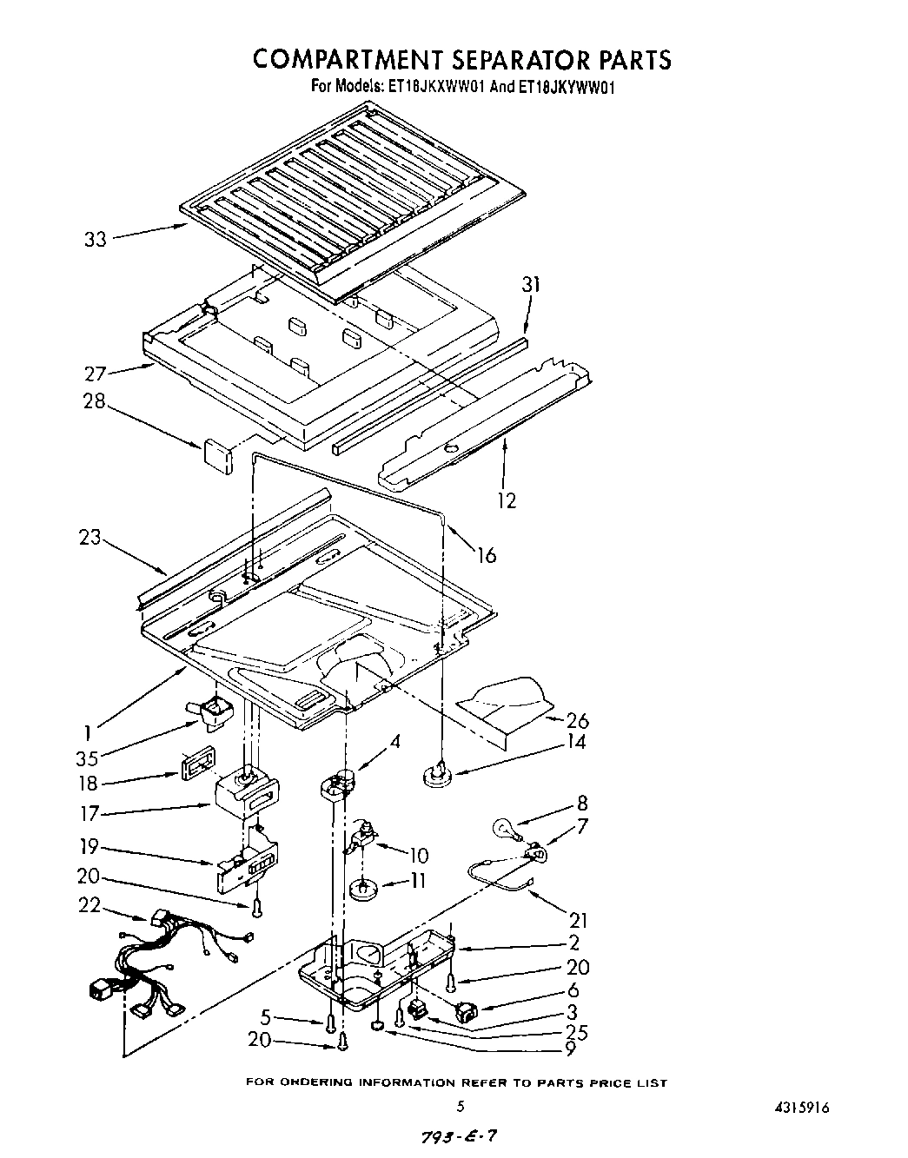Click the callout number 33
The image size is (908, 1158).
95,238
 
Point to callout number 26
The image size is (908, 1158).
577,720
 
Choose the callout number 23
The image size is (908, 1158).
90,538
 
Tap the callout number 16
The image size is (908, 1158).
487,555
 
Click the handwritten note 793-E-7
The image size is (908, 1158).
460,1136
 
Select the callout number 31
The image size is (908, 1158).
530,285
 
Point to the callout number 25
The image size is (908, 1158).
576,1031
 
